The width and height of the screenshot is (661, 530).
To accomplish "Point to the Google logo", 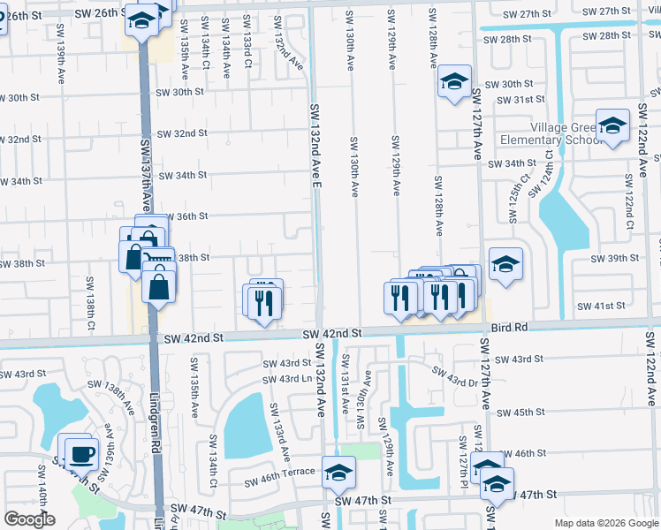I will tap(29, 519).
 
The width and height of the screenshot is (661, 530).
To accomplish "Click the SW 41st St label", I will tap(601, 306).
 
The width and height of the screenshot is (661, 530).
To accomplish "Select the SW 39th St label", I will tap(614, 257).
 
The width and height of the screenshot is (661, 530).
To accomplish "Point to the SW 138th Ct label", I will tap(90, 304).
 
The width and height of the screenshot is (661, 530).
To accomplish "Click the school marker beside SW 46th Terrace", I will tap(338, 473).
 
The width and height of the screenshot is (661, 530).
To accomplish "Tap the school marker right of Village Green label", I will tap(612, 126).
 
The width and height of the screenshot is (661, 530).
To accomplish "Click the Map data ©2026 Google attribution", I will tap(605, 523).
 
